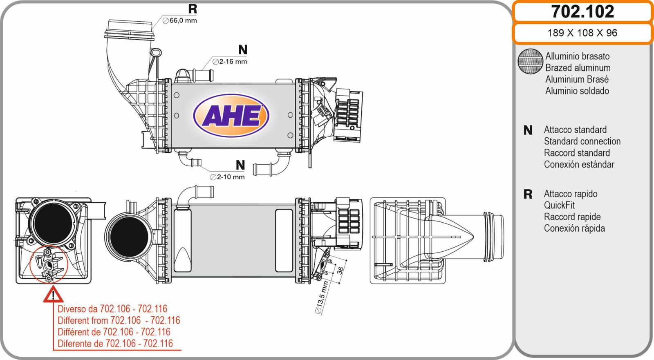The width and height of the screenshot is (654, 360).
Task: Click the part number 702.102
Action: point(582,12)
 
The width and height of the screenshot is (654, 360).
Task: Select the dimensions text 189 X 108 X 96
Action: point(582,33)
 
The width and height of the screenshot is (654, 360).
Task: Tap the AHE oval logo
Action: point(231,116)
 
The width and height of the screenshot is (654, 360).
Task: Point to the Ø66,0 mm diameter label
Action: point(179,20)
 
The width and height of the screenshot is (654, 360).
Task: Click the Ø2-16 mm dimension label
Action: point(230,62)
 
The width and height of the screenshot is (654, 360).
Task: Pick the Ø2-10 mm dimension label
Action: point(227,177)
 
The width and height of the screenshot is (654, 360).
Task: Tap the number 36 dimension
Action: point(340,271)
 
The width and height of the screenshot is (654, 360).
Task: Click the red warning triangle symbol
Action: point(53,294)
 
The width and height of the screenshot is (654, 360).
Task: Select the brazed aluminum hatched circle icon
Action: point(530,61)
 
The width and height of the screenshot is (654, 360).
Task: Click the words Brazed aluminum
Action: point(578,68)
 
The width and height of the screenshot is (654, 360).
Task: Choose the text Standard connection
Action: point(582,141)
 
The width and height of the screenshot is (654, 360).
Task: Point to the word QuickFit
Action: point(559,205)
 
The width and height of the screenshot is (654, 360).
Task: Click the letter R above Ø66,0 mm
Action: point(193,9)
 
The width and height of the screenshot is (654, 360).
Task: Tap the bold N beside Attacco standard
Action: point(528,130)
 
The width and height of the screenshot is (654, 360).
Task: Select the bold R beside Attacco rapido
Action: point(528,195)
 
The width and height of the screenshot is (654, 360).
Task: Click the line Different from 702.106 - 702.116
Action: point(119,320)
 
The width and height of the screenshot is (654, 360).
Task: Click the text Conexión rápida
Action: point(574,228)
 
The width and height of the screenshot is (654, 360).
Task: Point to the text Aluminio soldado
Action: point(577,91)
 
